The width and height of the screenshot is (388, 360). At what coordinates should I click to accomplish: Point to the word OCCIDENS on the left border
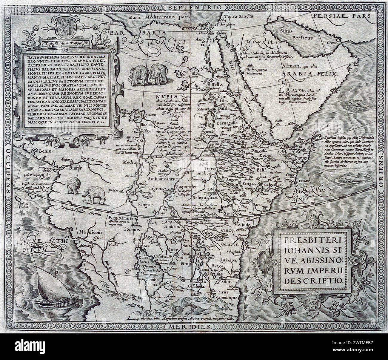[x=8, y=167]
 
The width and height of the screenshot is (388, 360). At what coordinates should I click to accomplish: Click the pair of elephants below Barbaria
[x=147, y=75]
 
